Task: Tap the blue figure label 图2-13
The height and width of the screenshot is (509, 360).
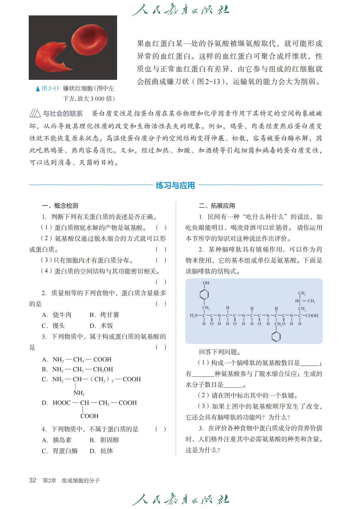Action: [50, 88]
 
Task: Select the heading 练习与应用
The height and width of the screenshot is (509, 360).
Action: [175, 185]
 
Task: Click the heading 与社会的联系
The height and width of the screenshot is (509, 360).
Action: [62, 114]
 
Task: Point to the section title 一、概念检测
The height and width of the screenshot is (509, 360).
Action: [60, 206]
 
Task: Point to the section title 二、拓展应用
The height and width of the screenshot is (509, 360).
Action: [217, 206]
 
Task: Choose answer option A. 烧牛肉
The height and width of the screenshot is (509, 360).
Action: [57, 315]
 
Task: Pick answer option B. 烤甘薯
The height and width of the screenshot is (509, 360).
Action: [104, 315]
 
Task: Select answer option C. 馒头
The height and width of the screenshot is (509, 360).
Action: [53, 326]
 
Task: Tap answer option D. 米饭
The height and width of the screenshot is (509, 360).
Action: [101, 326]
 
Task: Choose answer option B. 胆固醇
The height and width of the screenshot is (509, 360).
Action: [104, 440]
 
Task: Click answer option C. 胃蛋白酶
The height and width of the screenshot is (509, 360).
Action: [60, 451]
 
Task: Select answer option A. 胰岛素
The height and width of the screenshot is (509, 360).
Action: [57, 440]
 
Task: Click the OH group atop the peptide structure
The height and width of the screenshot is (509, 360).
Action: [206, 283]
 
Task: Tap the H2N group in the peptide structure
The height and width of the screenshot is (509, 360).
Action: [194, 315]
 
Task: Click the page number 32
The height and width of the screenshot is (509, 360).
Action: [32, 481]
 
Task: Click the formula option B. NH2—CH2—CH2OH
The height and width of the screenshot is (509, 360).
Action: [77, 369]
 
